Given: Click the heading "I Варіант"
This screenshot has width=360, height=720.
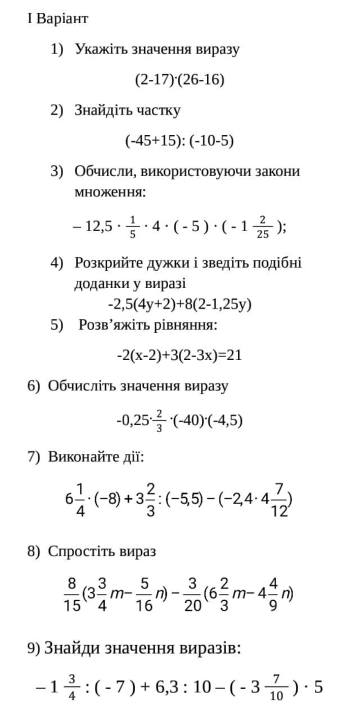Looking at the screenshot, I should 57,19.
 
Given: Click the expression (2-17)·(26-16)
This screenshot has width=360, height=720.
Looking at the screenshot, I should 179,80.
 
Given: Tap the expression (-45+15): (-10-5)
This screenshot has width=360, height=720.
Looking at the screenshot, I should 179,141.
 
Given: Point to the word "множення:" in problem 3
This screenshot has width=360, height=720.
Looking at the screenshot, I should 110,192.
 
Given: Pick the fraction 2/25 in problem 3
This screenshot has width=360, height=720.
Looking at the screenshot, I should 262,227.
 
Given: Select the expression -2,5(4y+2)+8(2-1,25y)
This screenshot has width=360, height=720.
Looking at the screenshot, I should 179,304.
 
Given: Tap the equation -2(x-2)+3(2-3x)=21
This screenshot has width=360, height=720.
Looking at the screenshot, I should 179,355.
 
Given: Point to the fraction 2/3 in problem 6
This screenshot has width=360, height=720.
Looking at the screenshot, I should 159,421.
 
